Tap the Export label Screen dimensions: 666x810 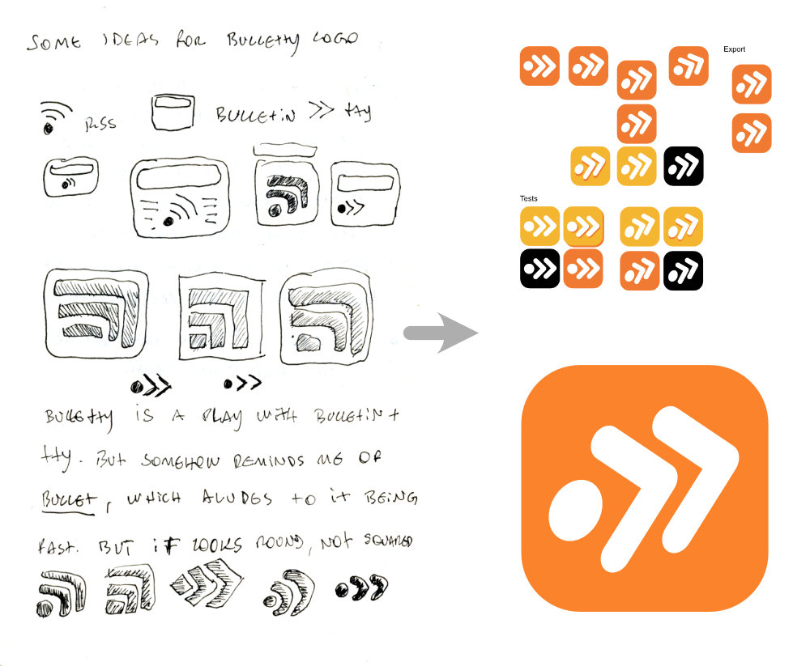tap(734, 49)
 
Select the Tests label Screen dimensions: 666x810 tap(528, 198)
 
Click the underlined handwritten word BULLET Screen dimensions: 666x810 tap(70, 498)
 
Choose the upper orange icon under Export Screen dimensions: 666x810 tap(752, 84)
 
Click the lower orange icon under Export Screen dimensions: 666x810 tap(752, 134)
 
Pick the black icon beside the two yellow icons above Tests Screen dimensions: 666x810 tap(683, 165)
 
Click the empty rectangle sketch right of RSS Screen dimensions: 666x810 tap(172, 112)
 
